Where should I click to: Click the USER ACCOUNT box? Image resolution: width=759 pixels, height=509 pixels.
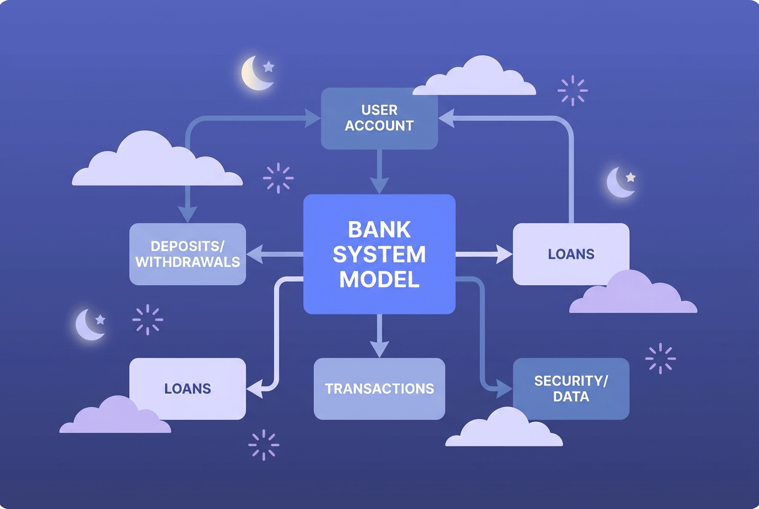point(379,118)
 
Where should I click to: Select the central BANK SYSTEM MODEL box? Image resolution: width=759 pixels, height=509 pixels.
point(379,254)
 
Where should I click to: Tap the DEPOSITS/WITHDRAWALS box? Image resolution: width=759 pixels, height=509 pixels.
point(187,254)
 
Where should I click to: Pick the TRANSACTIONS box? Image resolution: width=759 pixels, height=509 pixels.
point(379,388)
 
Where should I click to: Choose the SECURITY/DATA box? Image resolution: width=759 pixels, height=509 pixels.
point(570,388)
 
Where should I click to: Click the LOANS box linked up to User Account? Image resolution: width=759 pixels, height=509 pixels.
point(570,254)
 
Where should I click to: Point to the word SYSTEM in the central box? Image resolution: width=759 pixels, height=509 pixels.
point(379,254)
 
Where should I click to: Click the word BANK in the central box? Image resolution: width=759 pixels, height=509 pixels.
point(379,230)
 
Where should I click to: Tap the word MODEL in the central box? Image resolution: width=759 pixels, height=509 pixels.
point(379,279)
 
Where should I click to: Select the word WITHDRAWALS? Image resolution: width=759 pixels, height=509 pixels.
point(187,262)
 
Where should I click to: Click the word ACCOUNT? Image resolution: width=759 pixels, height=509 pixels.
point(379,126)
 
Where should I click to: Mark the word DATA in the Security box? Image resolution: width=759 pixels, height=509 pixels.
point(570,397)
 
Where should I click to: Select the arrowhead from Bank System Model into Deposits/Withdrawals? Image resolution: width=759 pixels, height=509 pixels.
point(255,254)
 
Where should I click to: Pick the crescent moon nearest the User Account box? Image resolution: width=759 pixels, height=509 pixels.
point(255,74)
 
